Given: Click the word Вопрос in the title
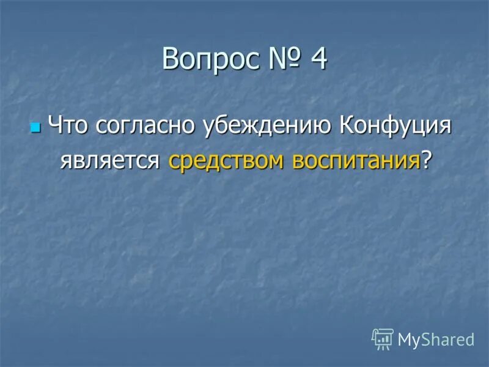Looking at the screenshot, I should pyautogui.click(x=211, y=61).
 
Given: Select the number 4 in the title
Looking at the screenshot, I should pyautogui.click(x=318, y=60).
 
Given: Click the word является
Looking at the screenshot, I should pyautogui.click(x=110, y=160).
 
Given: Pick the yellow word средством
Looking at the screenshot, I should pyautogui.click(x=227, y=160).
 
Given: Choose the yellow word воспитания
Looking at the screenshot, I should pyautogui.click(x=356, y=160).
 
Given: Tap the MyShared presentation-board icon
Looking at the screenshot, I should pyautogui.click(x=383, y=338).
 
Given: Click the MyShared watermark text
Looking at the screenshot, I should pyautogui.click(x=436, y=339).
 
